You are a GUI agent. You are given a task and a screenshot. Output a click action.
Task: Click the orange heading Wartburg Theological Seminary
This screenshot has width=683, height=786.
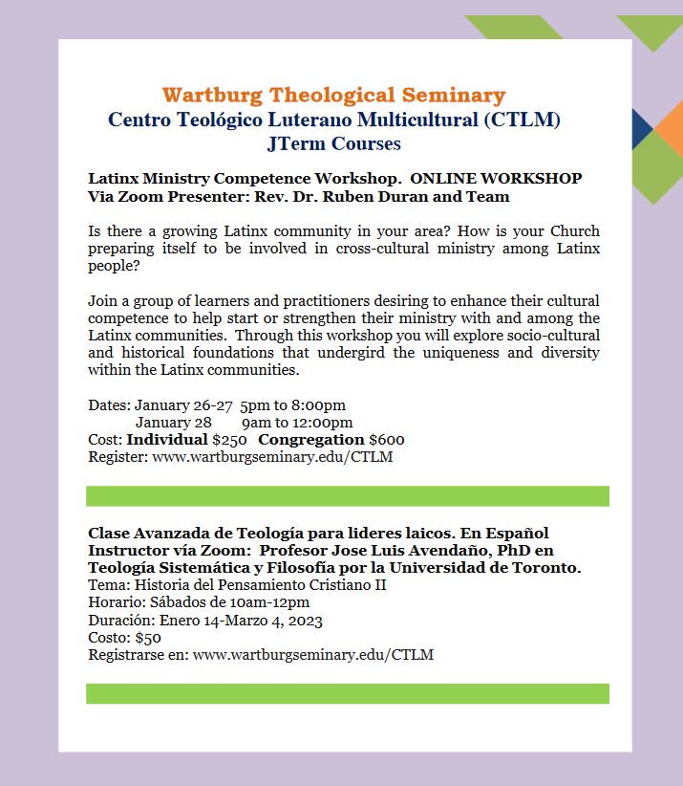click(333, 96)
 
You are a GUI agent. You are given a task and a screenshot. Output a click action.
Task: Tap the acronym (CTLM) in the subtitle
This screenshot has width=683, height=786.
click(522, 120)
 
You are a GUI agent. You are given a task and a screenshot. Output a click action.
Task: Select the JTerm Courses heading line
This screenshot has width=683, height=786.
click(333, 144)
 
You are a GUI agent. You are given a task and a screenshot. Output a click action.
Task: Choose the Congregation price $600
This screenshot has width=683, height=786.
click(387, 440)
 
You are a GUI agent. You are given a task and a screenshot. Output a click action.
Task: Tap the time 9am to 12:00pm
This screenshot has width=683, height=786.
click(297, 423)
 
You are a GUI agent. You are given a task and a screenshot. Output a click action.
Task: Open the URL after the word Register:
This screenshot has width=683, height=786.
click(272, 457)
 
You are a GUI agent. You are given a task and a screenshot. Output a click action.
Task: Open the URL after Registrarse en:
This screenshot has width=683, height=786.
click(313, 655)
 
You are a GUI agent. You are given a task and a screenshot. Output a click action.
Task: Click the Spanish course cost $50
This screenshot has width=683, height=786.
click(148, 638)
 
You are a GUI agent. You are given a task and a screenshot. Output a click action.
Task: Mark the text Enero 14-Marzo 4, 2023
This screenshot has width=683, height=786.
click(241, 621)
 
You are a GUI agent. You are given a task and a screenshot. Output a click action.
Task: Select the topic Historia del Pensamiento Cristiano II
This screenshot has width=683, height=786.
click(263, 585)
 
